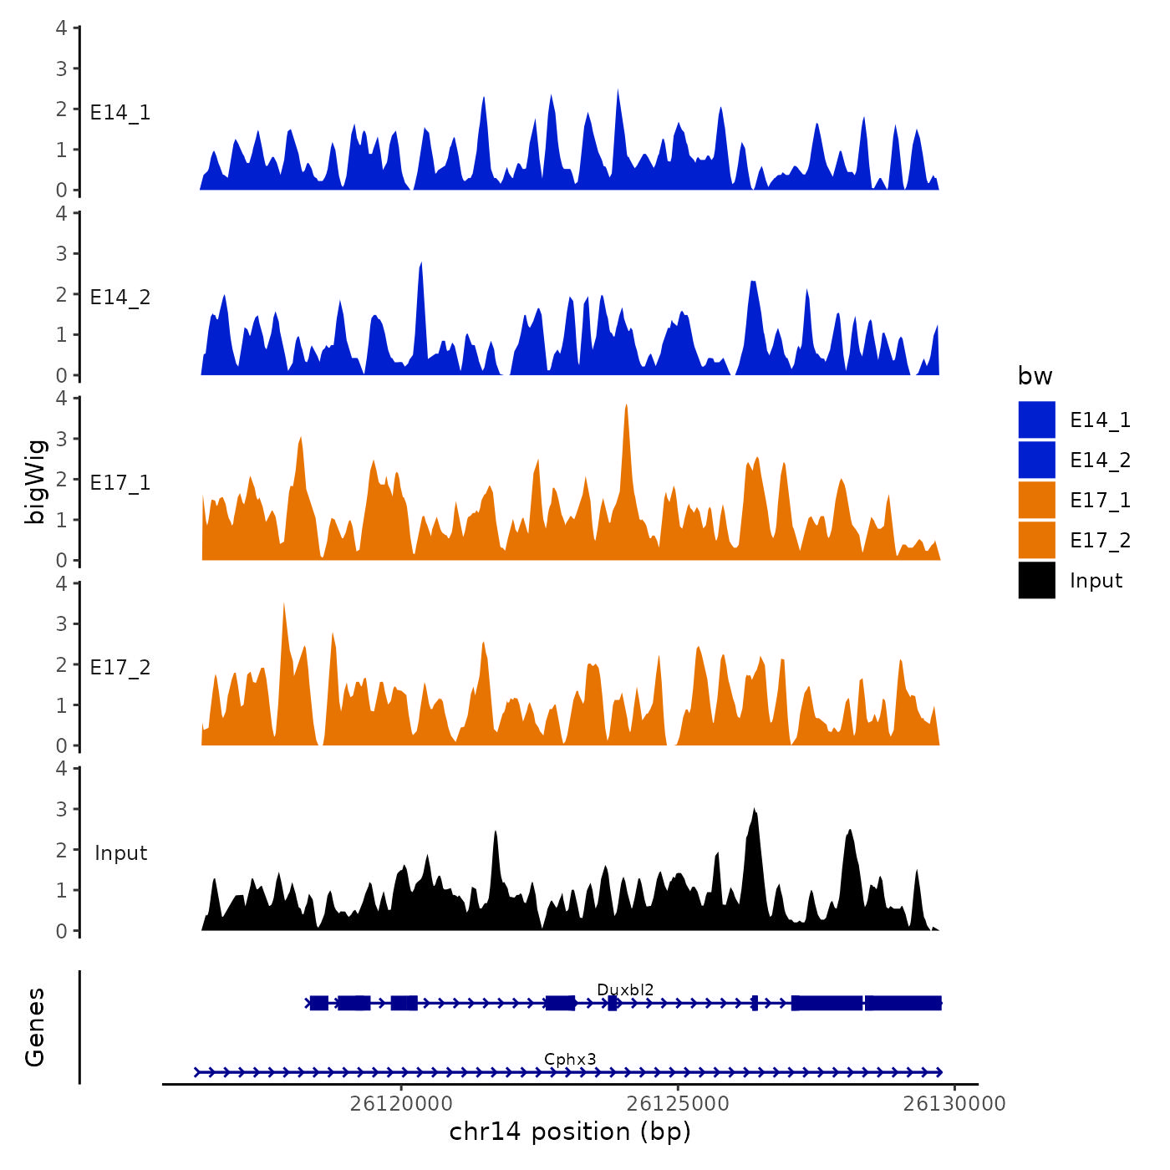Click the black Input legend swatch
(1036, 580)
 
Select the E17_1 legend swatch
(1036, 500)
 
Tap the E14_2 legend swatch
(1036, 460)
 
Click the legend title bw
(1035, 376)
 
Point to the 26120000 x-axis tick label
(401, 1104)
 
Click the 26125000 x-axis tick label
(678, 1104)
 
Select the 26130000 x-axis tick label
(954, 1104)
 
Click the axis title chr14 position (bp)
(570, 1132)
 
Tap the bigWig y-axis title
(35, 481)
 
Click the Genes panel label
(35, 1027)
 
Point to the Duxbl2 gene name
(625, 990)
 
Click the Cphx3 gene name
(570, 1060)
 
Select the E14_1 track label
(120, 113)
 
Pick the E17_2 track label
(120, 668)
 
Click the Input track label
(120, 853)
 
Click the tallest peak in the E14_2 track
(421, 264)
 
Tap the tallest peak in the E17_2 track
(284, 604)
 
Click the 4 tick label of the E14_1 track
(62, 28)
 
